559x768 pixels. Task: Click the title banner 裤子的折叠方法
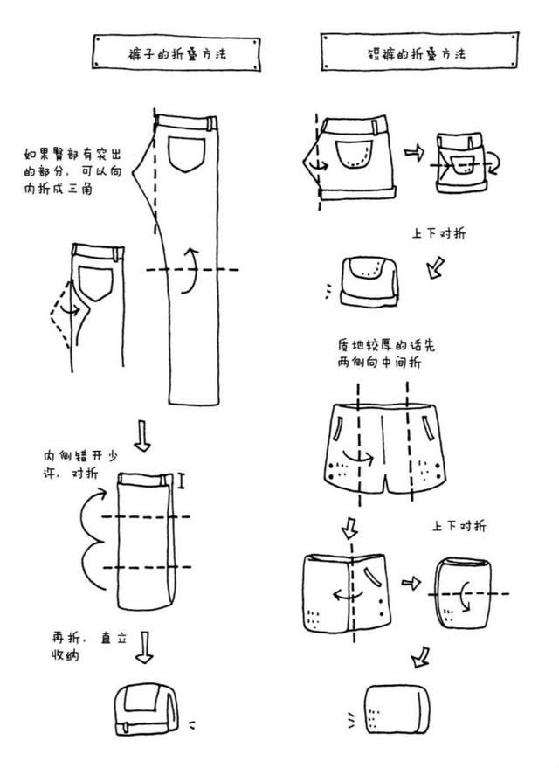coord(176,53)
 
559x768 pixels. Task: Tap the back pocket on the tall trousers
coord(184,153)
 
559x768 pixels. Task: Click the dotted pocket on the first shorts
coord(354,154)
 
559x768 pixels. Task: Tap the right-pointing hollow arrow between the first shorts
coord(411,153)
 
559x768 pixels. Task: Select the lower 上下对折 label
coord(459,527)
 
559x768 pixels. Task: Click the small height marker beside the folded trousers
coord(183,480)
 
